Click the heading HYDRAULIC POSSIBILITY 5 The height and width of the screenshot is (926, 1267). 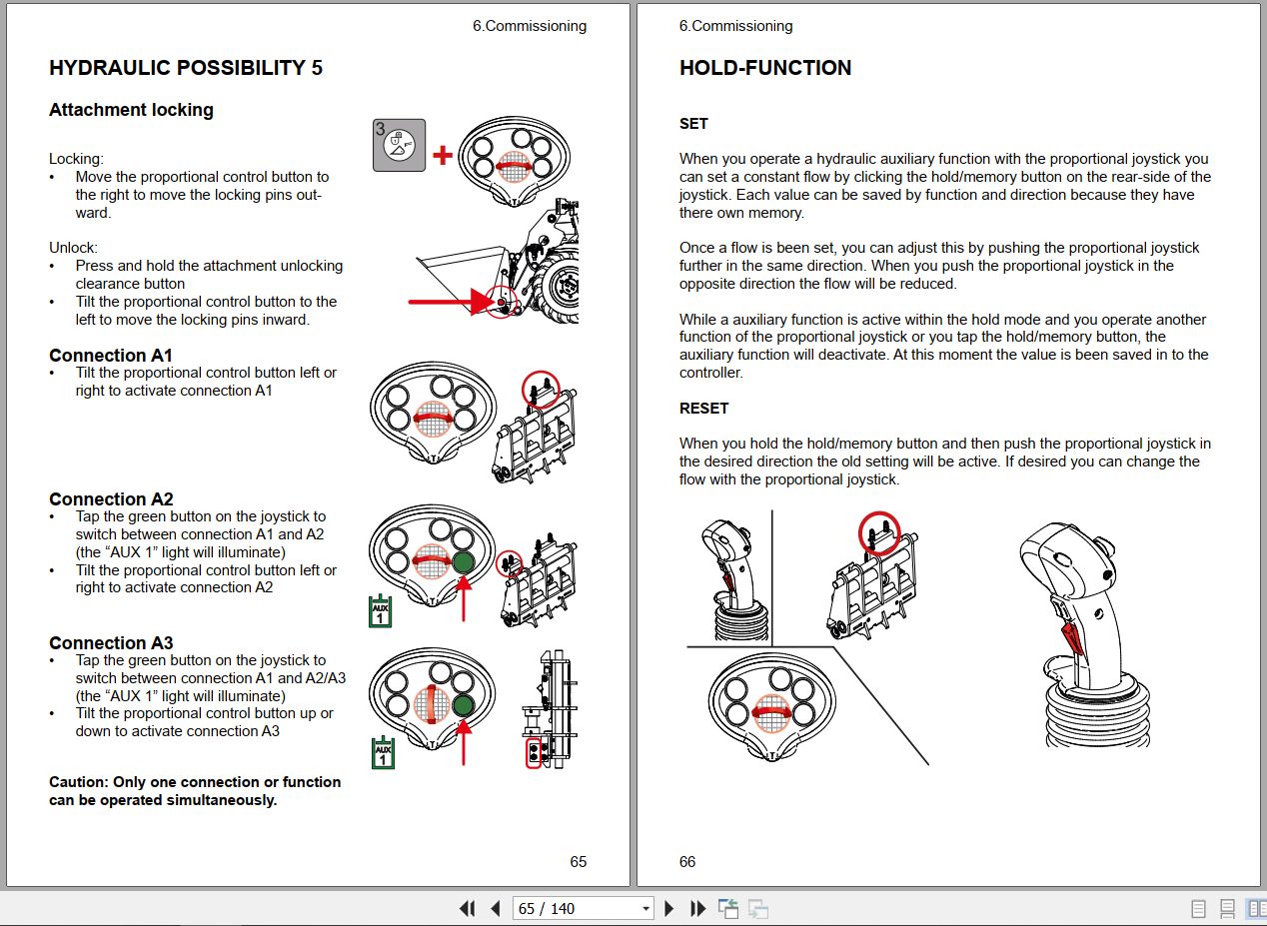coord(185,68)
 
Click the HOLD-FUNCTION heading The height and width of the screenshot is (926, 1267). coord(764,68)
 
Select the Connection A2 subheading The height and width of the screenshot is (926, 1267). coord(111,499)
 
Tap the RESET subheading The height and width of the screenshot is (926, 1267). coord(703,408)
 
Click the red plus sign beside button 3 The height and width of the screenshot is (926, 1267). coord(442,155)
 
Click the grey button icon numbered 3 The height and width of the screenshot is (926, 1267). coord(400,145)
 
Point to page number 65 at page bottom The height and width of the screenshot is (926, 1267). coord(578,861)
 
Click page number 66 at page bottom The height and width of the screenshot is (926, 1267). coord(686,861)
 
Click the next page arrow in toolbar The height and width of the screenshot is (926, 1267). coord(669,908)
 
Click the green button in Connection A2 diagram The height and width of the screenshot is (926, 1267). coord(463,561)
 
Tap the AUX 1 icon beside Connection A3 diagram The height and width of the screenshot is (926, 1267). coord(382,753)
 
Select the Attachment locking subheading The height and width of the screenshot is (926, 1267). coord(131,110)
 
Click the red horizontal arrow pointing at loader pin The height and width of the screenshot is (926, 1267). coord(445,300)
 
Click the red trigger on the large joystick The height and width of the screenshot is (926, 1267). coord(1072,636)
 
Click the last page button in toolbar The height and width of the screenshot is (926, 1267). coord(698,908)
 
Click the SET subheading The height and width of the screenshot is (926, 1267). coord(693,124)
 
